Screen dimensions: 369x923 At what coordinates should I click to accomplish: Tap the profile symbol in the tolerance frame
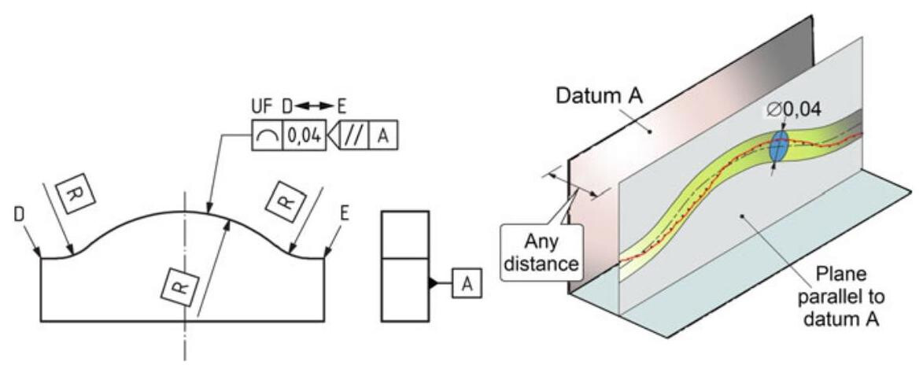click(267, 137)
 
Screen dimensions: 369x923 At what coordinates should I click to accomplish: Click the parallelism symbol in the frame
click(352, 137)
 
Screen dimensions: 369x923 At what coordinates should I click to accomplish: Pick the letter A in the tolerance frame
click(383, 137)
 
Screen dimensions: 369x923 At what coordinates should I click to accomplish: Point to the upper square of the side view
click(404, 234)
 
